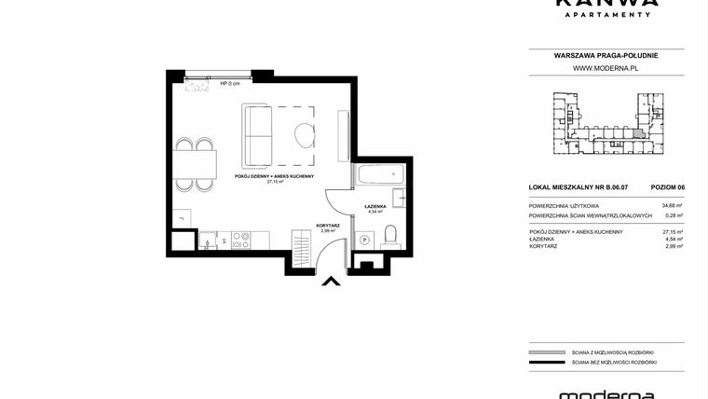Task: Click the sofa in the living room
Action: coord(257,133)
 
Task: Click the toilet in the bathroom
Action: coord(391,234)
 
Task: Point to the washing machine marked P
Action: coord(365,239)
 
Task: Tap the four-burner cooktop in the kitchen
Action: coord(239,239)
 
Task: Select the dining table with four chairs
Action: coord(195,165)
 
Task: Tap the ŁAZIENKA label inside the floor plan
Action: coord(375,206)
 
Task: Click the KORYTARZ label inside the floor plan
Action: coord(328,225)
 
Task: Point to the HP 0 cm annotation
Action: coord(230,84)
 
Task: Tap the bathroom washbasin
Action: coord(398,196)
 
